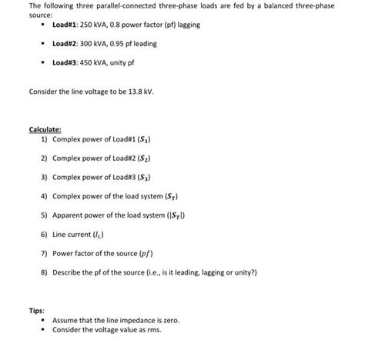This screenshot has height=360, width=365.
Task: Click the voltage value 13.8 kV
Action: pos(141,92)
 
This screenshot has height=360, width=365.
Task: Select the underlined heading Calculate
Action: pos(45,129)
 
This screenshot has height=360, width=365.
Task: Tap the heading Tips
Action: pos(37,310)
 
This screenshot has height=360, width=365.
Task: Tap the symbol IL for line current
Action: pos(99,234)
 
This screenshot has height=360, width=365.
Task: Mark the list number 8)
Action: pos(45,272)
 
